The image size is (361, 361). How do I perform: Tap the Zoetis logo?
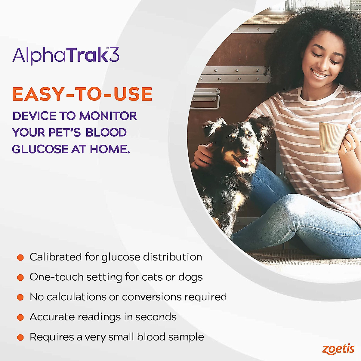pos(338,349)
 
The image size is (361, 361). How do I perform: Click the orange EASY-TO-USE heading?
pos(82,94)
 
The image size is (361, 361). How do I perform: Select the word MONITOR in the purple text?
pos(108,116)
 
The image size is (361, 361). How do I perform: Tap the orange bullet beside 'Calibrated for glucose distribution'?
pos(20,258)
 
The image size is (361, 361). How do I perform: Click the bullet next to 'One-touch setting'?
pos(20,277)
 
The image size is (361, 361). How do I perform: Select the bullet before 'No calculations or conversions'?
pos(20,297)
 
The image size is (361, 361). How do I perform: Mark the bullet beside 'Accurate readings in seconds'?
pos(20,317)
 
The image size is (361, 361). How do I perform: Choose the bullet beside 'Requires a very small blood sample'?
pos(20,337)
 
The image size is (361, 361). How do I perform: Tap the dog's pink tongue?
pos(245,162)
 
